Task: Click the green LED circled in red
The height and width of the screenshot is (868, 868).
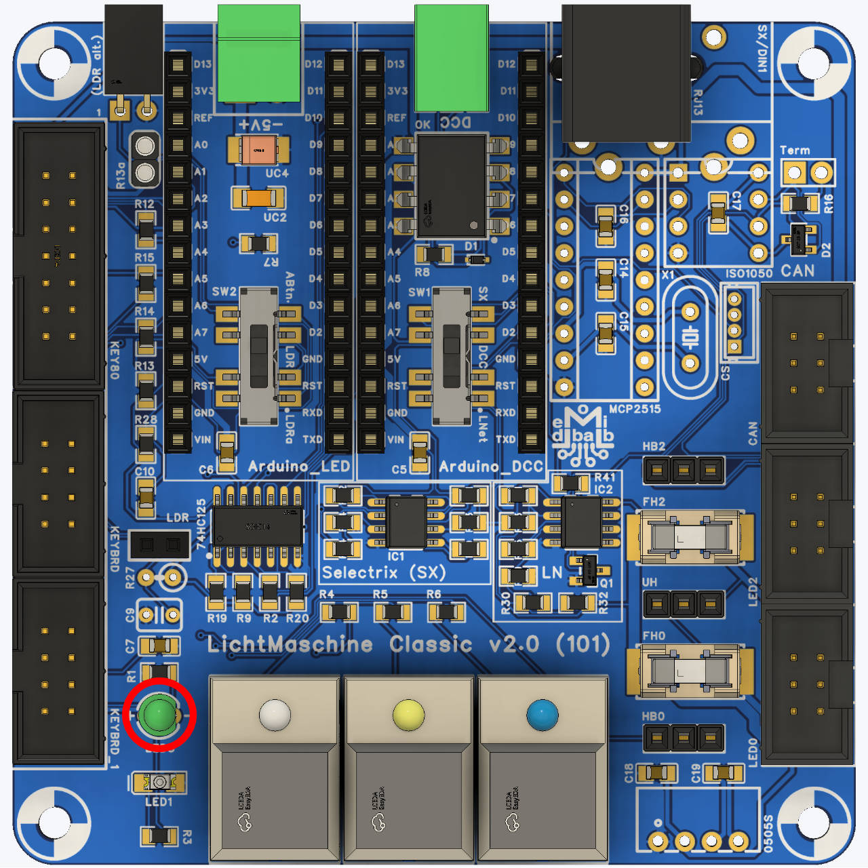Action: tap(159, 714)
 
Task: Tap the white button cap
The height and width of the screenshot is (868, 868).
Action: tap(275, 715)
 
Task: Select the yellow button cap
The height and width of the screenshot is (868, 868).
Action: tap(408, 715)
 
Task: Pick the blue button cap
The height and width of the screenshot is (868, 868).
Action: tap(542, 715)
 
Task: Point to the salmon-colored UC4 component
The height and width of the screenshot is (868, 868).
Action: tap(257, 150)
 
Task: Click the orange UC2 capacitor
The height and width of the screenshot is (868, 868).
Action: tap(258, 198)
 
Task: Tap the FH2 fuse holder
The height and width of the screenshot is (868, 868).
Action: tap(690, 537)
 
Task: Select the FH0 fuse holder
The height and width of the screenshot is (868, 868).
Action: tap(690, 671)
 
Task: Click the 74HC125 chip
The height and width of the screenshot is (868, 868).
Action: tap(258, 526)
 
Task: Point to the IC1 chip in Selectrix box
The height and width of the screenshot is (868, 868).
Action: tap(406, 521)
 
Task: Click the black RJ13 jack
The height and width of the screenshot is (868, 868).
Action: tap(625, 71)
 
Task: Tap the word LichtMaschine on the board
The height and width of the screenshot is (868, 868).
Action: tap(290, 644)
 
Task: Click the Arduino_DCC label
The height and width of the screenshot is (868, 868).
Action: tap(491, 467)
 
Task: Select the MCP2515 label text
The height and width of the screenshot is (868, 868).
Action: tap(634, 409)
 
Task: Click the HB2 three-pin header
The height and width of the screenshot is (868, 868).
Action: tap(683, 469)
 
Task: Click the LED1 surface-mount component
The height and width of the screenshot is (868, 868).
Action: tap(159, 783)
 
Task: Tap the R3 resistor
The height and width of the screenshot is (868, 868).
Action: tap(159, 835)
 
